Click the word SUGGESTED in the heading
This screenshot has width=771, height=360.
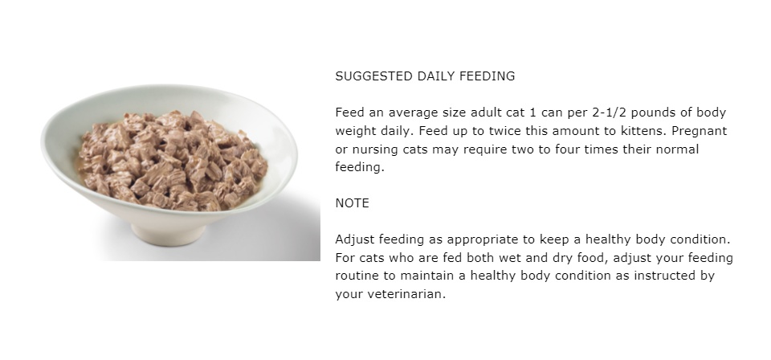point(374,76)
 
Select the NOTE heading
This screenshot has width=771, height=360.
point(352,203)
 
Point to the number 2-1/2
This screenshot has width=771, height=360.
point(610,112)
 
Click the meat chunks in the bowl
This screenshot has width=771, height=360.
point(173,161)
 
